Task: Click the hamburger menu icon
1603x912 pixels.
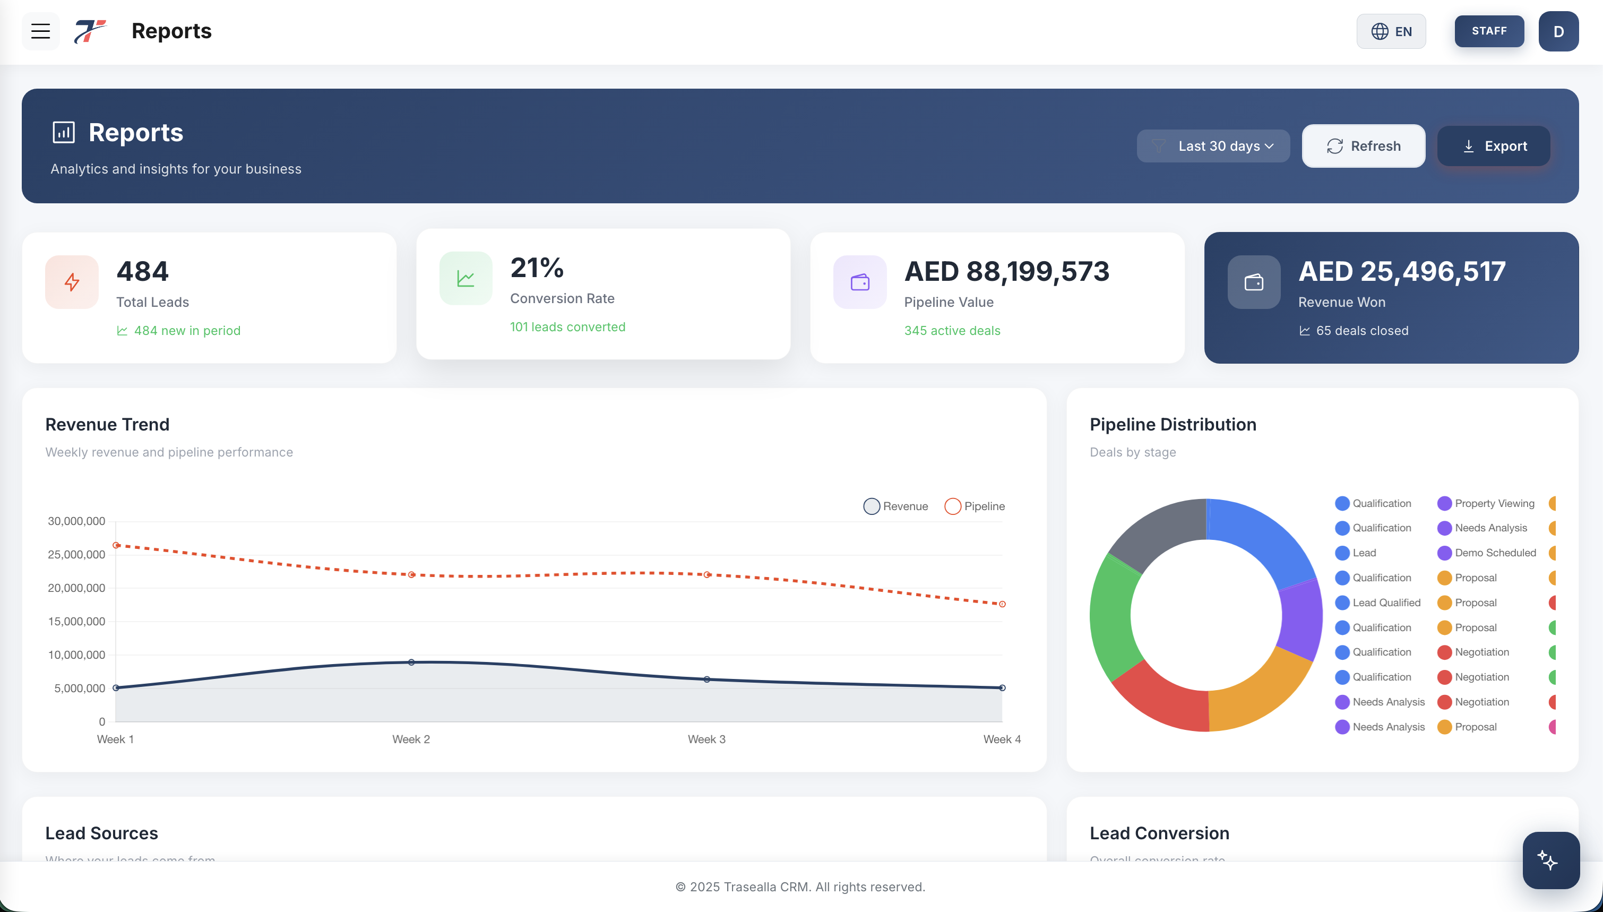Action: (41, 31)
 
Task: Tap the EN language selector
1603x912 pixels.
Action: (1391, 31)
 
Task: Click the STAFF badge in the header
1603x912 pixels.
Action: (1488, 31)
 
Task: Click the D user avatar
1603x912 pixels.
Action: (1558, 31)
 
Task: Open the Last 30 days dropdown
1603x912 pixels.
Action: (1213, 146)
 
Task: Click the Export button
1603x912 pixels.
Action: (1494, 146)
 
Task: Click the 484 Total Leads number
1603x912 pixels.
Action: (143, 271)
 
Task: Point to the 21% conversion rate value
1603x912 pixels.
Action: (537, 268)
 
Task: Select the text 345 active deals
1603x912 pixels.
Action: (952, 331)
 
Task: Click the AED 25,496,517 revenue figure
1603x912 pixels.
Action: (1401, 271)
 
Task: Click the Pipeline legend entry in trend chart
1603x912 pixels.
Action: (975, 506)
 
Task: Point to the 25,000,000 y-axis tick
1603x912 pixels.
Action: (76, 554)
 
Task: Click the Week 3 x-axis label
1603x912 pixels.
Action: (706, 739)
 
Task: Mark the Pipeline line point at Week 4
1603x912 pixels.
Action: (1002, 604)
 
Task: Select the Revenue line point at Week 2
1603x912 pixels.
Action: (411, 662)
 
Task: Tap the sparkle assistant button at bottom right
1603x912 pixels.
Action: (1550, 860)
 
